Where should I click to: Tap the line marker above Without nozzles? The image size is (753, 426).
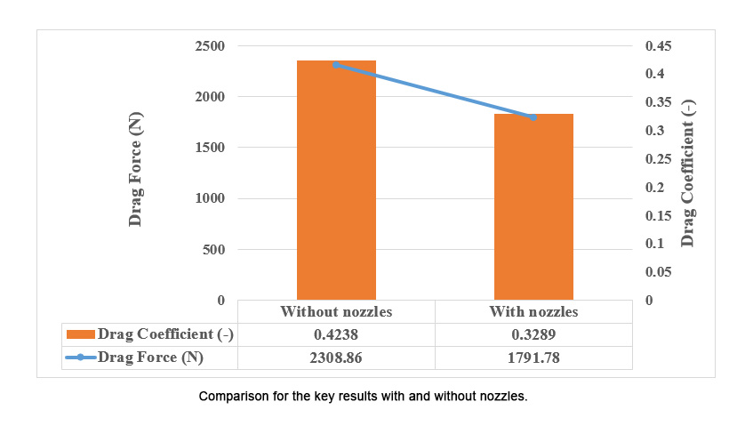coord(336,65)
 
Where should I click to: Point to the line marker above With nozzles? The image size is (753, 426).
coord(533,117)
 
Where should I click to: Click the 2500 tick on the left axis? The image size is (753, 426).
coord(210,46)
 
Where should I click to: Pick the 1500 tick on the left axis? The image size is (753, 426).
coord(210,148)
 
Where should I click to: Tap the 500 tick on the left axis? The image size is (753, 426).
coord(214,250)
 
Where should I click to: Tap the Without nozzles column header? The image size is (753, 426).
coord(336,312)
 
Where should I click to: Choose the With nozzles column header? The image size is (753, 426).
coord(533,312)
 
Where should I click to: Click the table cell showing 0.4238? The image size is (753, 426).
coord(336,334)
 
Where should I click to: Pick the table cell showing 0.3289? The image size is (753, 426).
coord(533,334)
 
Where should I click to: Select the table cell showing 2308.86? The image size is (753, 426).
coord(336,358)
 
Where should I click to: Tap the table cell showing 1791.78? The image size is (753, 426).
coord(533,358)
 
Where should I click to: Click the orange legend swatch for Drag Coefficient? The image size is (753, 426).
coord(80,334)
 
